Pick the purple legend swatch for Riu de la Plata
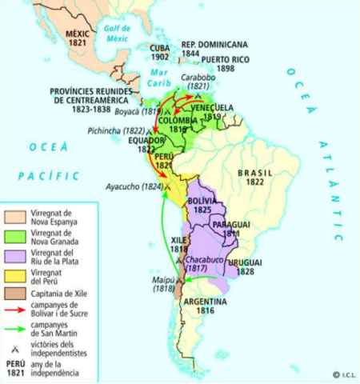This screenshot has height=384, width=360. point(16,256)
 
